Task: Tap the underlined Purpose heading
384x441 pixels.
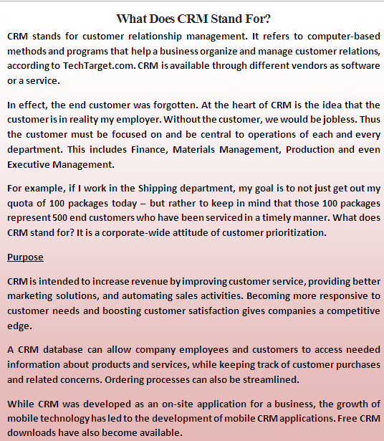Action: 25,257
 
